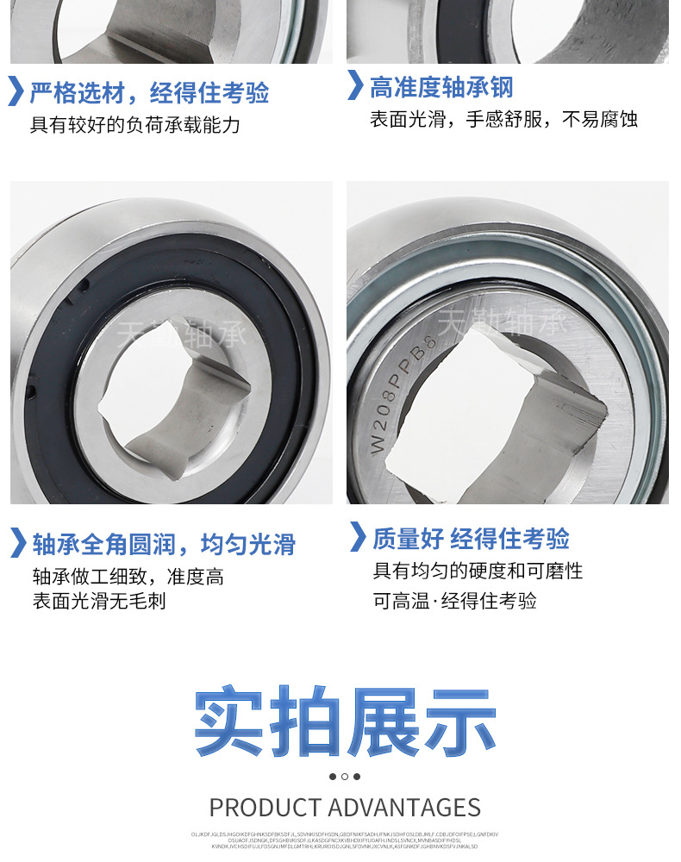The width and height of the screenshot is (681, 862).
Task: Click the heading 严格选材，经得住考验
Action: (149, 92)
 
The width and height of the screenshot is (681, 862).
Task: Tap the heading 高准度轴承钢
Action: (441, 87)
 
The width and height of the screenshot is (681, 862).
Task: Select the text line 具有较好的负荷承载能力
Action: (135, 125)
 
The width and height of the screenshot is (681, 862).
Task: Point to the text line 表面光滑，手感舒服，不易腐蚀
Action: (504, 120)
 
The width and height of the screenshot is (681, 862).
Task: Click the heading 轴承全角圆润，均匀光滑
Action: (164, 545)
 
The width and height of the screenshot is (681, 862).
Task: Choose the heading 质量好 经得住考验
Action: (471, 540)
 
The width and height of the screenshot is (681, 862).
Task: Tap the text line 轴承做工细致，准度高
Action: (128, 577)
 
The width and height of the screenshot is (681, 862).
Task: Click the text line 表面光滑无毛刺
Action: (99, 601)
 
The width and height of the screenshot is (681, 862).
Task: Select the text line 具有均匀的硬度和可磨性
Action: (478, 572)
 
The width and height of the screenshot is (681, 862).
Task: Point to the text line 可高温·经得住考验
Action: (454, 601)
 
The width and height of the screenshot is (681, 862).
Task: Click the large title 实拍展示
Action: (345, 721)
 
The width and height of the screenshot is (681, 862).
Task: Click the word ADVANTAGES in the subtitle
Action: (404, 808)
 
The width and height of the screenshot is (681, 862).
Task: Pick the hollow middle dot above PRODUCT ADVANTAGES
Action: (345, 777)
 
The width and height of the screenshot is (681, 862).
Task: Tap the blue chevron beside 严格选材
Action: (16, 91)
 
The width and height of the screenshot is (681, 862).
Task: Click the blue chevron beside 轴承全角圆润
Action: (17, 543)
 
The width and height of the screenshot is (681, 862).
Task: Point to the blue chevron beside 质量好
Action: (358, 536)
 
